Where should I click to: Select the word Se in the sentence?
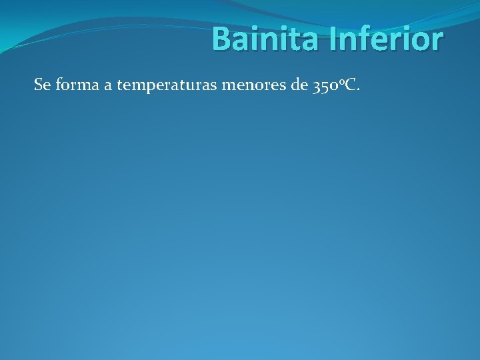41,85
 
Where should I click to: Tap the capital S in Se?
38,85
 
